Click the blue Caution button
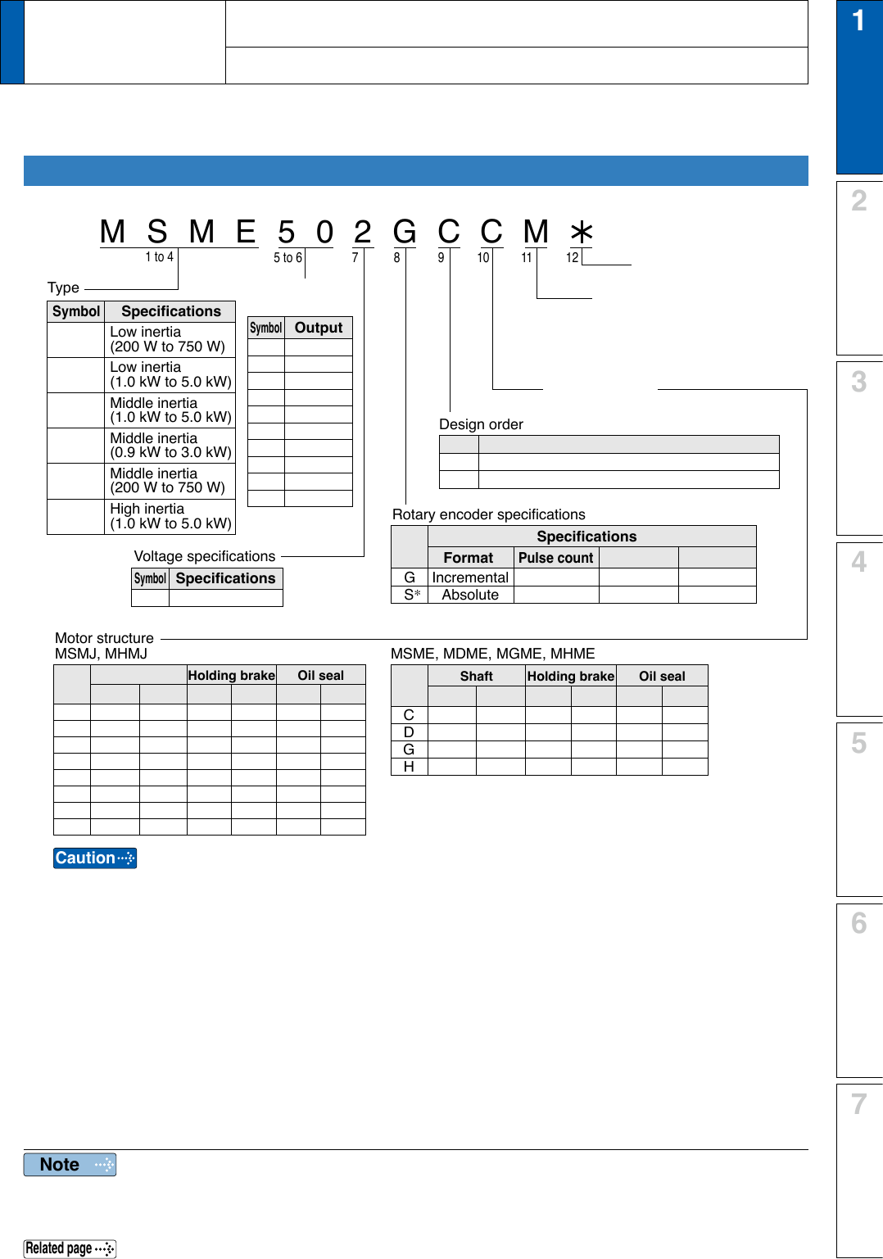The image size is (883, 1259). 95,858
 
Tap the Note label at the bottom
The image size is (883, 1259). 70,1164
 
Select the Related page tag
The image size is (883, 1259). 70,1248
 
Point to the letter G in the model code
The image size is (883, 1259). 405,233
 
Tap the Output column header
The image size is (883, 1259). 319,328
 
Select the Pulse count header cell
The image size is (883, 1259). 555,558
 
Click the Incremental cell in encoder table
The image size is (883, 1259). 470,577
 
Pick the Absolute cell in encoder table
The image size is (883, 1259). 470,595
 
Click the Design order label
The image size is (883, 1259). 481,424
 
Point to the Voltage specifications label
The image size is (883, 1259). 205,556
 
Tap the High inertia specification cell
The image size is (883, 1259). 170,516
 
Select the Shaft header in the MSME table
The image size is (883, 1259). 476,676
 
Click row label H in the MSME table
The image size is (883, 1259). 409,767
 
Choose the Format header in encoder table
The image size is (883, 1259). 469,558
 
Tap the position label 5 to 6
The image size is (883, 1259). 288,257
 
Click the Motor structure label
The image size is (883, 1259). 104,638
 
